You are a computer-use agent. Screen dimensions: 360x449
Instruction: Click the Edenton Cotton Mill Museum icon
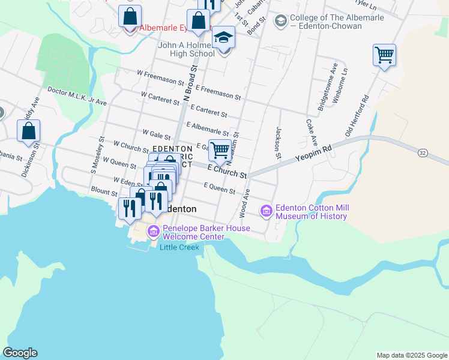(x=267, y=211)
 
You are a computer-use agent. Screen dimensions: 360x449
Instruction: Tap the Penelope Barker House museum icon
(x=153, y=231)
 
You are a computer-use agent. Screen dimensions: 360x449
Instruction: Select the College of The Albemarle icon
(x=280, y=22)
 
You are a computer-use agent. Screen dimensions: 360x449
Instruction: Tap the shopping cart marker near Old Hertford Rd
(x=384, y=55)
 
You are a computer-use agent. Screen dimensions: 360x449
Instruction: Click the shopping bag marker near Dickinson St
(x=28, y=131)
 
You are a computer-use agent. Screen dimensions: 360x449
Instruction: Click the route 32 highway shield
(x=423, y=154)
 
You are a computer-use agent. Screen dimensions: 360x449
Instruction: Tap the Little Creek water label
(x=179, y=248)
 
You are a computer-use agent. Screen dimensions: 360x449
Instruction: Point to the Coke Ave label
(x=311, y=132)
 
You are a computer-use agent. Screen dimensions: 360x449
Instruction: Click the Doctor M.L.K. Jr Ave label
(x=76, y=97)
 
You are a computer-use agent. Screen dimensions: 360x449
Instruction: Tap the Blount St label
(x=104, y=193)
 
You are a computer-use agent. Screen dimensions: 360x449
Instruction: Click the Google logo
(x=20, y=353)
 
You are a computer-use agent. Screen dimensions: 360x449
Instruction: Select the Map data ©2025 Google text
(x=412, y=355)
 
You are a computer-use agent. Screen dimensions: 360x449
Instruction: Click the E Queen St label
(x=219, y=189)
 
